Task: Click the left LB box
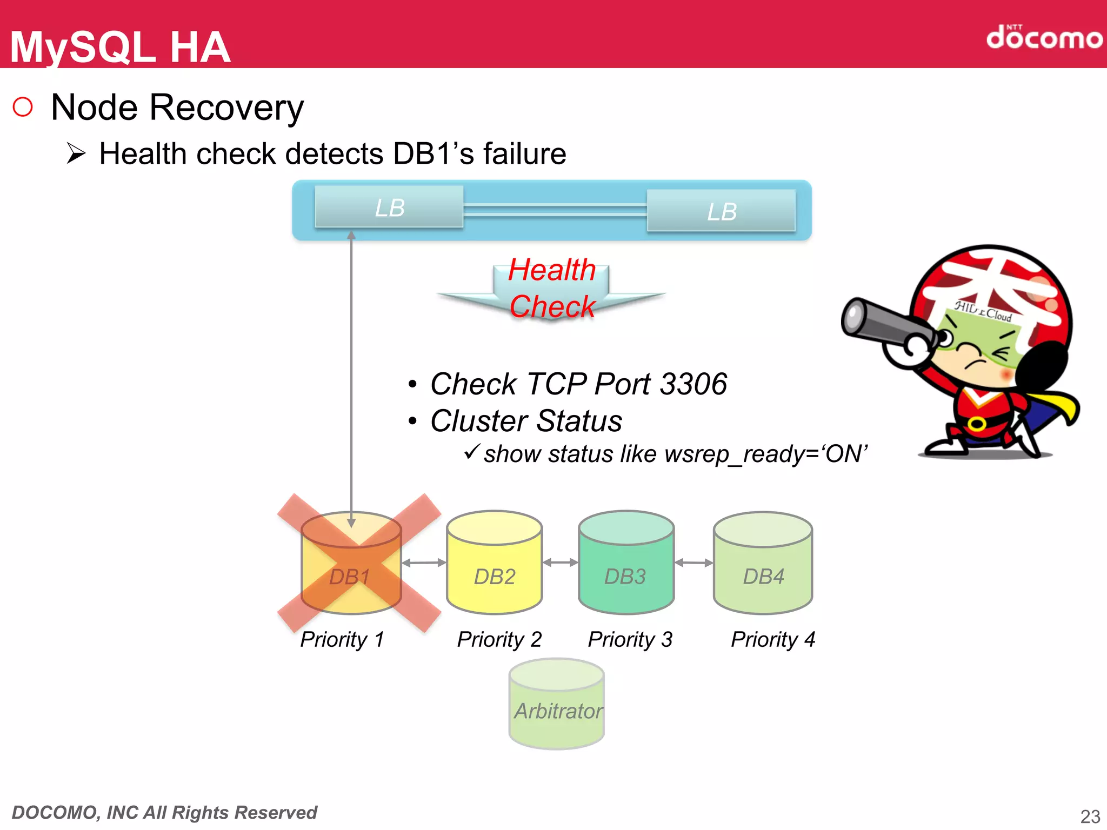[389, 207]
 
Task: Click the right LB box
[722, 211]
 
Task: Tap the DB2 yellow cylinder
[495, 565]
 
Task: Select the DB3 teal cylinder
[626, 565]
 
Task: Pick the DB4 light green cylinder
[763, 565]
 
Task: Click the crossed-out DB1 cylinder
[351, 565]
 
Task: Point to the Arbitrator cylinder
[557, 705]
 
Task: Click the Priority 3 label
[630, 639]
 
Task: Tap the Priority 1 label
[342, 639]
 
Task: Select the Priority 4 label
[773, 639]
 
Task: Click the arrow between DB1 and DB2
[424, 563]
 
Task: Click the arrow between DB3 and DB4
[694, 563]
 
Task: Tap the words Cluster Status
[526, 421]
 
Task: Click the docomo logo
[1044, 38]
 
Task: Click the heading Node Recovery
[177, 108]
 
